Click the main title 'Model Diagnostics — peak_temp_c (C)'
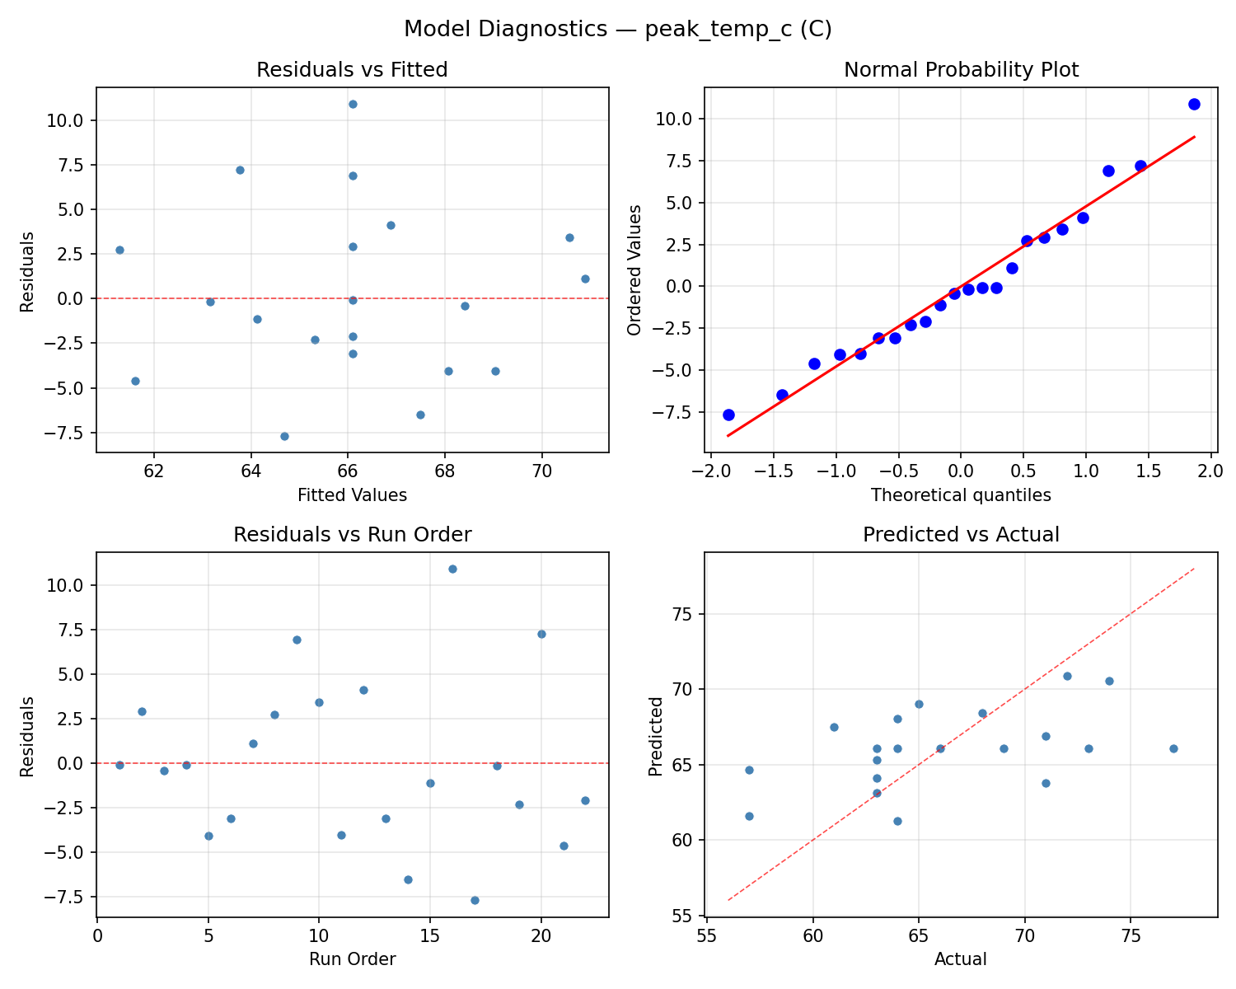point(618,30)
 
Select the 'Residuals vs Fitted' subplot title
point(352,70)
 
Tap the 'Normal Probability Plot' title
point(961,70)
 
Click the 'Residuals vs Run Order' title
point(352,535)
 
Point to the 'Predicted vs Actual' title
point(961,535)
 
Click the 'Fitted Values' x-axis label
point(352,495)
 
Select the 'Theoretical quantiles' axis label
point(961,495)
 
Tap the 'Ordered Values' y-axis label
point(634,270)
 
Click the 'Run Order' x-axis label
point(352,959)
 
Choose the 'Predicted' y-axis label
point(655,736)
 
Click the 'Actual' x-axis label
point(961,959)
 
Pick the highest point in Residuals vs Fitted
point(353,104)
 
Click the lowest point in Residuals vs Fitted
point(284,436)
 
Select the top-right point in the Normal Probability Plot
point(1194,104)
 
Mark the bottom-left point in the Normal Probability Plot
point(728,415)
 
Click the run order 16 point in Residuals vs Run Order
point(452,569)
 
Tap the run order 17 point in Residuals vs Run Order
point(475,900)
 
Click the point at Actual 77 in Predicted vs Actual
point(1173,748)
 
